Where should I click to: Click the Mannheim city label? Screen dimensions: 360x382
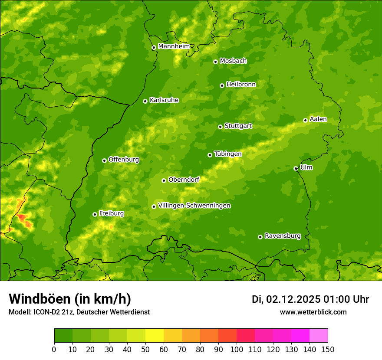point(174,46)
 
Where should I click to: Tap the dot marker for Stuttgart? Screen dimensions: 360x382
point(220,127)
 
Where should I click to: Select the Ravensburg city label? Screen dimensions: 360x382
point(283,236)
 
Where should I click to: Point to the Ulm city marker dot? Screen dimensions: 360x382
point(296,168)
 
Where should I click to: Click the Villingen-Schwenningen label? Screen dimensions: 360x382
point(194,206)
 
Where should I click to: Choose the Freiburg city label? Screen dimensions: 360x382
point(111,213)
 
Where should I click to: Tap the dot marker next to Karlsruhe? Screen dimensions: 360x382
point(145,101)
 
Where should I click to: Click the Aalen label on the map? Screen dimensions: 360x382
point(318,119)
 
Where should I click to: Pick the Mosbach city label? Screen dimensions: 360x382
point(233,61)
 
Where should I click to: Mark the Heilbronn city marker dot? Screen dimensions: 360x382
point(222,85)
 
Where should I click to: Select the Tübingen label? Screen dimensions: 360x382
point(228,154)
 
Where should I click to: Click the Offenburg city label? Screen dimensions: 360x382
point(124,160)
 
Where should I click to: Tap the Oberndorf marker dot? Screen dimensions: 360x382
point(164,180)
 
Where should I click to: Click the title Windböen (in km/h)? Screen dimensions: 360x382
point(69,299)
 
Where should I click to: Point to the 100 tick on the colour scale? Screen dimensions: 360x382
point(237,349)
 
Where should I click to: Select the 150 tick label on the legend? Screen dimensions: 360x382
point(328,349)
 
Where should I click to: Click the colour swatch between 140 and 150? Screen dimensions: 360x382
point(319,336)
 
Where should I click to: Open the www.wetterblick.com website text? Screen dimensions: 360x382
point(313,312)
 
